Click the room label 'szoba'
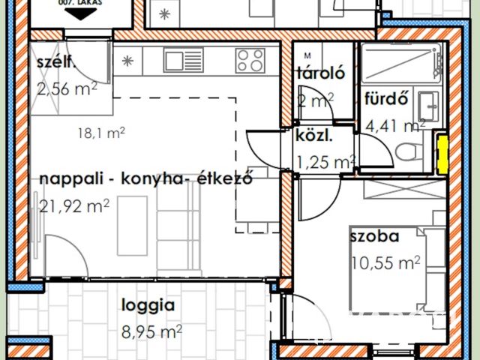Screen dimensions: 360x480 [373, 238]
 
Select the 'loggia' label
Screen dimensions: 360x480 [148, 305]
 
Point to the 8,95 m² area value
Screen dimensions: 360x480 [151, 330]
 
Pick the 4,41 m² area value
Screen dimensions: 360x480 [394, 124]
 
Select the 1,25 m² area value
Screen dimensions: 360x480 [325, 161]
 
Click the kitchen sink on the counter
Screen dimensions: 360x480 [184, 60]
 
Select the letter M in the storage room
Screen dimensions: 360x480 [307, 55]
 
